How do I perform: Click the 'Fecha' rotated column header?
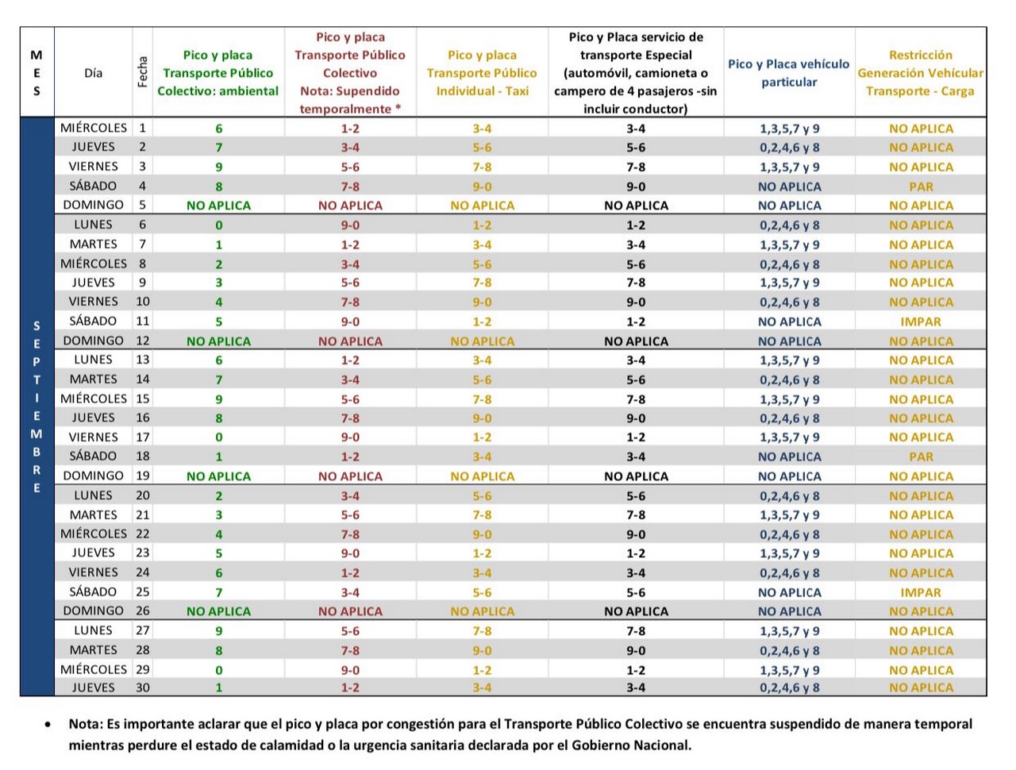(x=142, y=71)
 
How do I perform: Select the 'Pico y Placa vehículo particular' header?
(x=788, y=73)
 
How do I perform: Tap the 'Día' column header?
(x=93, y=73)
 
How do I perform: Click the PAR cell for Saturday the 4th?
(x=920, y=187)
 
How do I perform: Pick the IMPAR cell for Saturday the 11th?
(x=920, y=321)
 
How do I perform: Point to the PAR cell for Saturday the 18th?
(x=920, y=456)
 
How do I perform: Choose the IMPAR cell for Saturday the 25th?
(x=920, y=592)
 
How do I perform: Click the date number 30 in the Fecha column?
(x=142, y=687)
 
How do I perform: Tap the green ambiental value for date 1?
(x=218, y=129)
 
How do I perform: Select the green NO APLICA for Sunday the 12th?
(x=218, y=341)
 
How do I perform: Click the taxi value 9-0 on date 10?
(x=481, y=302)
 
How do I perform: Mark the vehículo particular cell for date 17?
(x=789, y=437)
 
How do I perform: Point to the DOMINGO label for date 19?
(x=93, y=475)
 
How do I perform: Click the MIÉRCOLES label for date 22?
(x=93, y=533)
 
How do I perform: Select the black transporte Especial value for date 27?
(x=636, y=631)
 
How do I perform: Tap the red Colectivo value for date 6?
(x=350, y=225)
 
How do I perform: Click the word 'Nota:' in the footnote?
(x=86, y=724)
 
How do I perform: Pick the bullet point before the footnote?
(x=48, y=725)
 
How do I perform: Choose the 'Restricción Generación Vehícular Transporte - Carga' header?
(x=920, y=73)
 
